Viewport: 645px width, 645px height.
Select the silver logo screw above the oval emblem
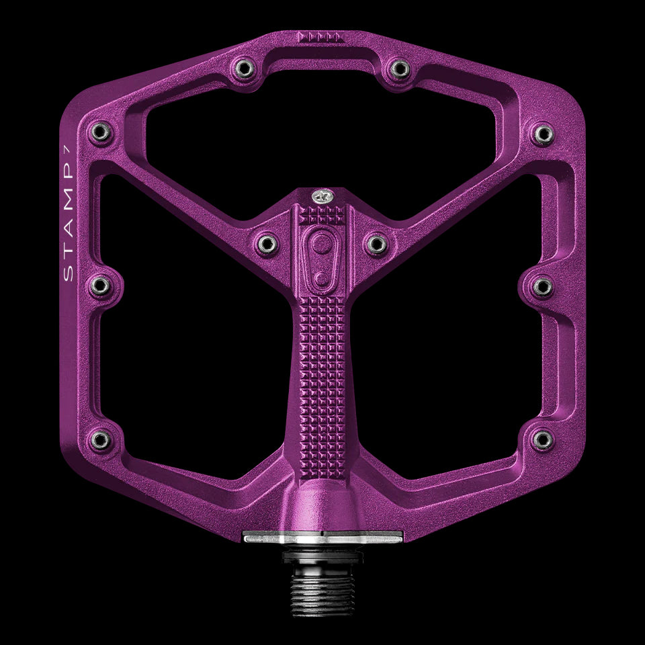322,196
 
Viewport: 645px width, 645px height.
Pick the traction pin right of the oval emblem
377,242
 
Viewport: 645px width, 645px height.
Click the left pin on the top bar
242,67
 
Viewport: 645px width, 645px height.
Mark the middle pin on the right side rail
544,287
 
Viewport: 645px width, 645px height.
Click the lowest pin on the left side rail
99,440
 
